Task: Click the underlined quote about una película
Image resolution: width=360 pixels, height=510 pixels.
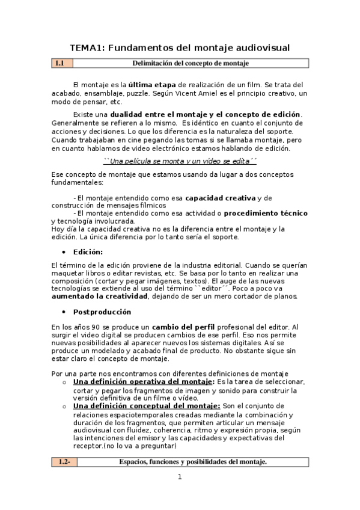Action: pos(180,161)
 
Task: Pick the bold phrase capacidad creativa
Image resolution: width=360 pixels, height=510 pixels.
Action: pos(220,197)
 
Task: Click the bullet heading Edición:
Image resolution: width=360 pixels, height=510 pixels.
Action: pos(88,251)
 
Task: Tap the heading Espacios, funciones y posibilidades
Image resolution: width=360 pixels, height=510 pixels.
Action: pos(192,462)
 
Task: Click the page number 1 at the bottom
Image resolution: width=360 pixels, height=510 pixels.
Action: pos(179,478)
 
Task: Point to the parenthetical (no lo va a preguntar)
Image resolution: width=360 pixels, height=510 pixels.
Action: pos(139,446)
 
